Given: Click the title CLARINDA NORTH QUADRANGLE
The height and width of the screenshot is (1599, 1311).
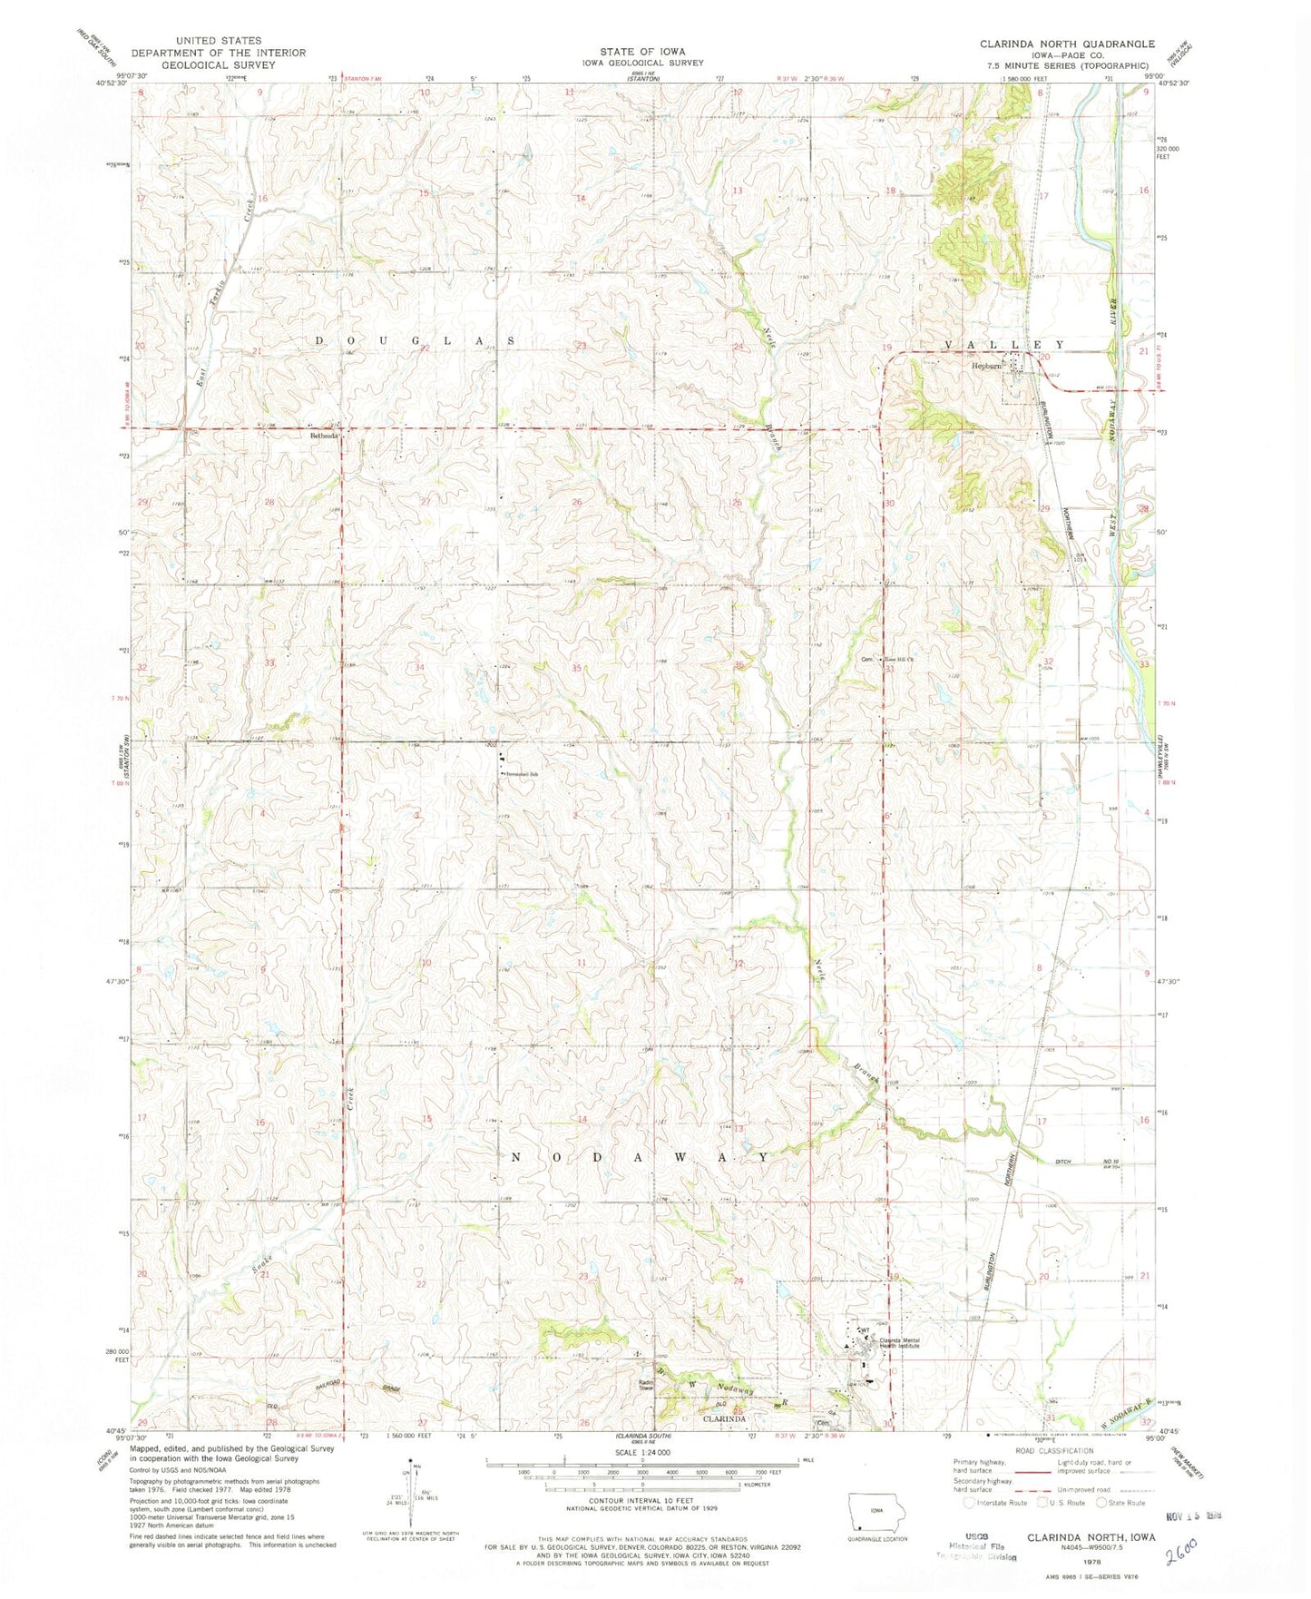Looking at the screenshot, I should coord(1067,44).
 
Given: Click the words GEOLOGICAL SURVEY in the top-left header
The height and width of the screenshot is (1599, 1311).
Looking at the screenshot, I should coord(218,65).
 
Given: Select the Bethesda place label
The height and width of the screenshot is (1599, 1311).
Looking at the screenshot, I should coord(324,436).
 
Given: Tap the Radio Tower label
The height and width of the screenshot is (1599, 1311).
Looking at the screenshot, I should coord(644,1386).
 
